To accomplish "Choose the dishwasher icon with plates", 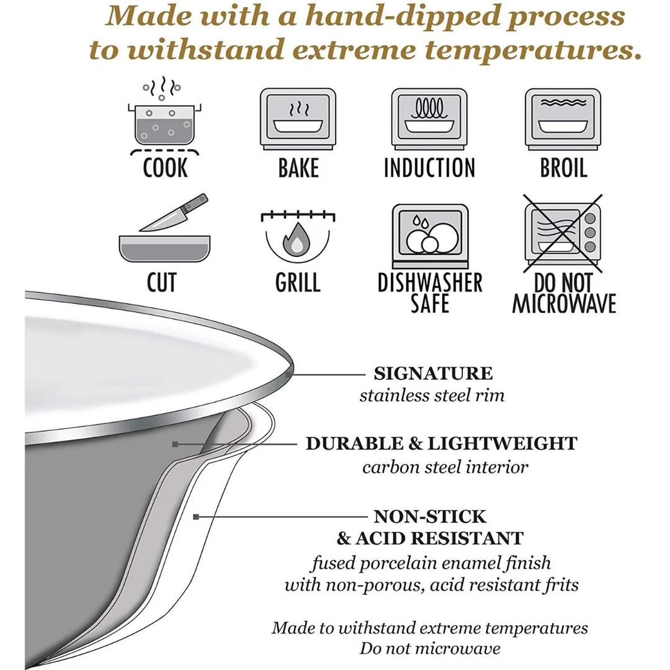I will point(429,234).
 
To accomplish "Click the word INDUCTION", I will point(429,168).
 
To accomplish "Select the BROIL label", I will point(563,168).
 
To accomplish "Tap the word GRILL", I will point(298,283).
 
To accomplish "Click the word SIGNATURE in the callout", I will point(433,373).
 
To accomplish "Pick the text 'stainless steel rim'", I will point(432,396).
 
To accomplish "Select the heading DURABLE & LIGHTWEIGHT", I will point(441,444).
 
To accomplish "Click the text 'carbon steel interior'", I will point(445,467).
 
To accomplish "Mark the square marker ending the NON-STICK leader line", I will point(197,516).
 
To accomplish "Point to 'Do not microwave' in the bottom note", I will point(430,649).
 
